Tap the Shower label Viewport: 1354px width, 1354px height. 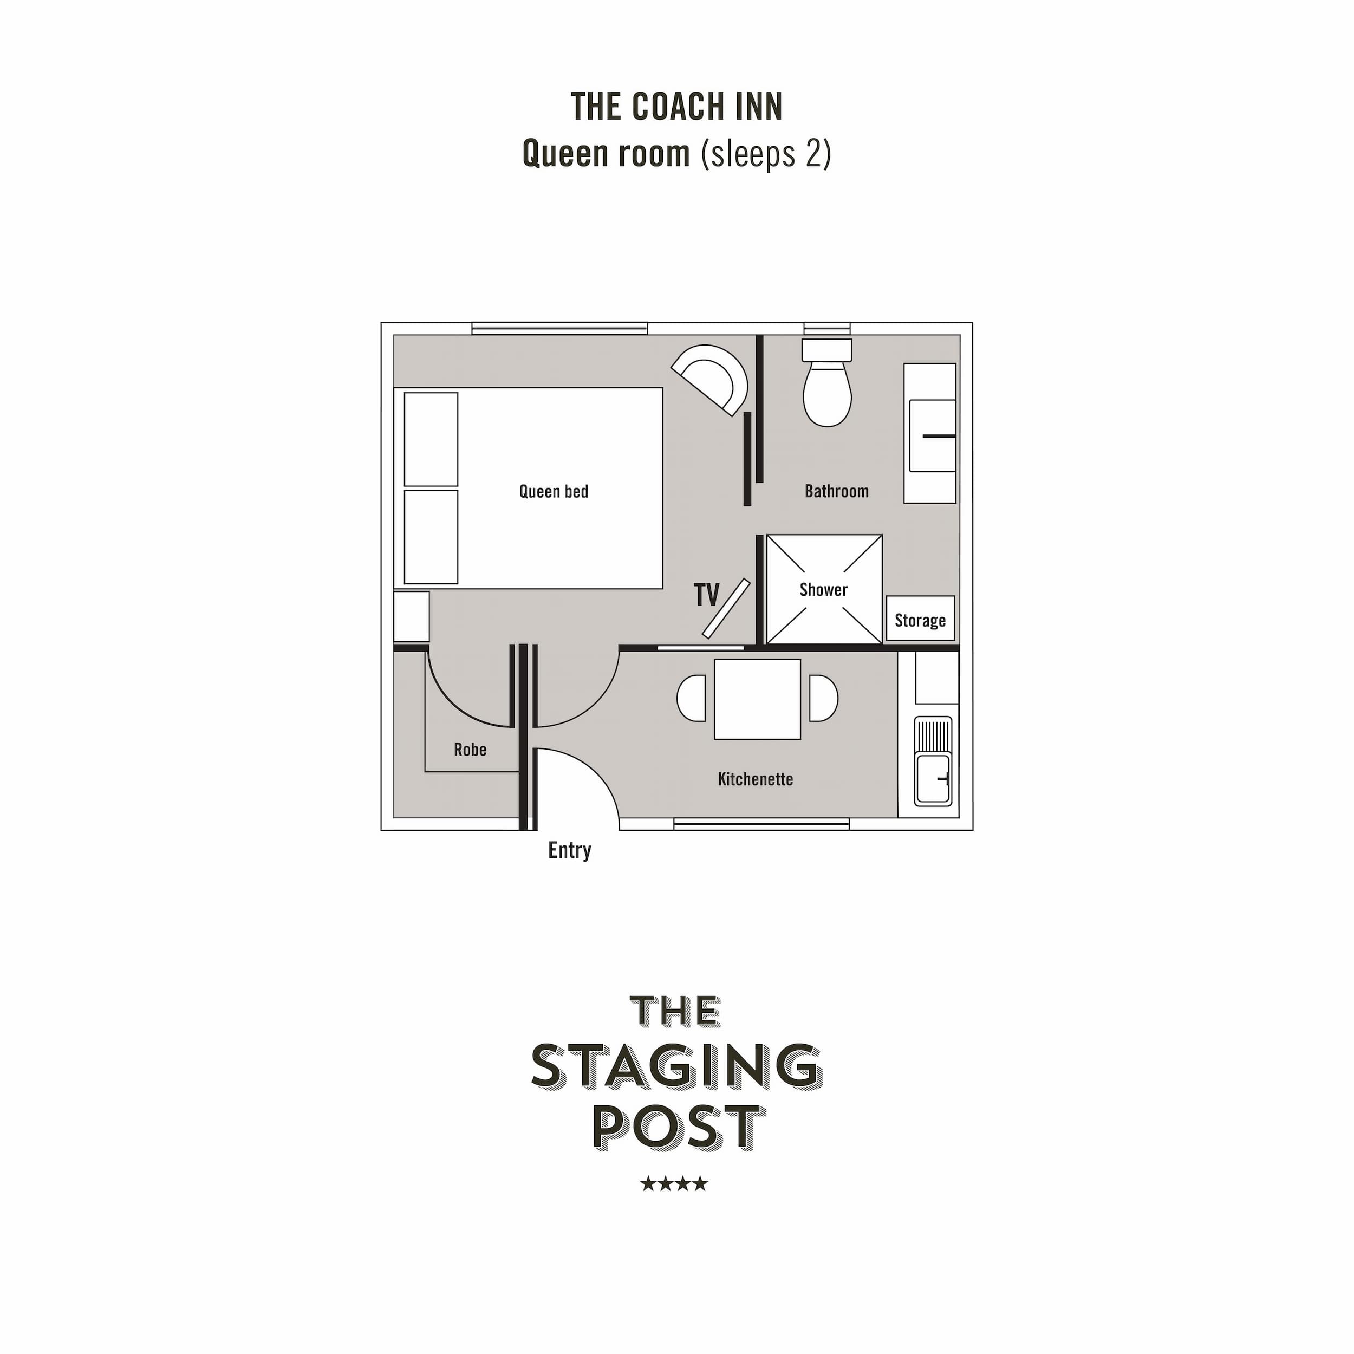tap(823, 590)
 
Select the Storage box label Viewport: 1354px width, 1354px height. tap(920, 621)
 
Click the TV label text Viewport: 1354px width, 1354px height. tap(706, 595)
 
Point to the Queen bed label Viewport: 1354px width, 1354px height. tap(554, 491)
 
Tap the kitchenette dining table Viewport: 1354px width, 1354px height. tap(757, 699)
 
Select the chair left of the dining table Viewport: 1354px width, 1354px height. tap(692, 698)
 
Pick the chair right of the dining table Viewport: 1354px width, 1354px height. tap(823, 698)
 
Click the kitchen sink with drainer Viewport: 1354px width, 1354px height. tap(933, 761)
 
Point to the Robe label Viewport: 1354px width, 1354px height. tap(470, 750)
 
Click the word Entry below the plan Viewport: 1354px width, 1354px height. tap(569, 851)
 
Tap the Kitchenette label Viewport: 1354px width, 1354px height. tap(756, 779)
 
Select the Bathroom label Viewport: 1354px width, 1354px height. tap(836, 491)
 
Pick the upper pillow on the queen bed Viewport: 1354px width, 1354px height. tap(431, 439)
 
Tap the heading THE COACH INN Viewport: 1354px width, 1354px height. tap(676, 107)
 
